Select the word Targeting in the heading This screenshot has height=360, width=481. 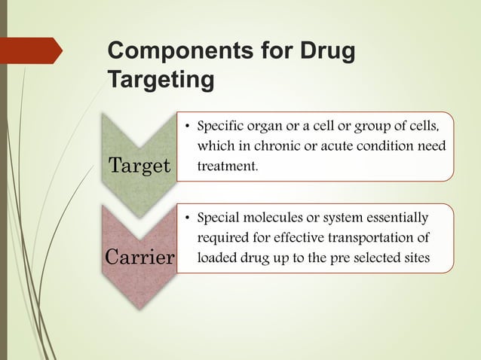point(161,78)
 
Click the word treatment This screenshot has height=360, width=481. point(226,163)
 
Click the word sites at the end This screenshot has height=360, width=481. point(418,258)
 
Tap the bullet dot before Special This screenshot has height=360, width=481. point(185,219)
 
